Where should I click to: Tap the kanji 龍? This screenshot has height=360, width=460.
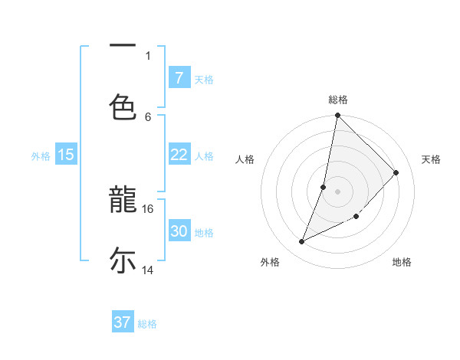(x=123, y=201)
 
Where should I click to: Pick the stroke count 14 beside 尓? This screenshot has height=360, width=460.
(x=148, y=270)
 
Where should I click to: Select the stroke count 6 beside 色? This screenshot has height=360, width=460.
(x=149, y=116)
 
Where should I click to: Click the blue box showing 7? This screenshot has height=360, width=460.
(x=179, y=77)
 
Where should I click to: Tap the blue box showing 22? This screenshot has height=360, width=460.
(x=179, y=155)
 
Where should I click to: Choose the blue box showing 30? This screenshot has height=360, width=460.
(x=179, y=231)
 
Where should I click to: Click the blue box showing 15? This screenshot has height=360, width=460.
(x=66, y=155)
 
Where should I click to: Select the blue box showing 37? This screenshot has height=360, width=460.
(x=123, y=322)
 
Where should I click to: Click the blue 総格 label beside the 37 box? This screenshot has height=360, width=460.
(x=147, y=324)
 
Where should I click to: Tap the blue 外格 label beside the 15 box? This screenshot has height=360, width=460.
(x=41, y=156)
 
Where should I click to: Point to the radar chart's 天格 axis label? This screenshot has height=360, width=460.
(x=431, y=159)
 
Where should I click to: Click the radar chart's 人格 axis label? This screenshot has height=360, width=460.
(x=245, y=159)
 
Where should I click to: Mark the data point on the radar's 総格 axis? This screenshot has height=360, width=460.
(x=337, y=116)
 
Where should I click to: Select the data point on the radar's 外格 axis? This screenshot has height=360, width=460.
(x=302, y=242)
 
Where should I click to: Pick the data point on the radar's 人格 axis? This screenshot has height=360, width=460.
(x=324, y=187)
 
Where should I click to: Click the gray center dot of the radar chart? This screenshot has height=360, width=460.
(x=337, y=191)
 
